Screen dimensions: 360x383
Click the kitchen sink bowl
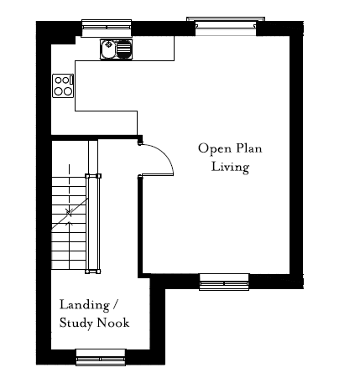[x=107, y=49]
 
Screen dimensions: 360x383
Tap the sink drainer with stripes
[x=123, y=49]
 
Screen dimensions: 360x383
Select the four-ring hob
[x=63, y=85]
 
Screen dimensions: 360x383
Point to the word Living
[x=230, y=167]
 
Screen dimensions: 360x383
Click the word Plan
[x=249, y=148]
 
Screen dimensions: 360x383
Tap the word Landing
[x=85, y=305]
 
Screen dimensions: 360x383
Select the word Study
[x=76, y=323]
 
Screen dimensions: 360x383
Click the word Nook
[x=113, y=323]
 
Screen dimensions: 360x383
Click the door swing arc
[x=165, y=154]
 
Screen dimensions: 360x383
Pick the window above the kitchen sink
[x=107, y=28]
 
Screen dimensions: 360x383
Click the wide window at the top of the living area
[x=226, y=26]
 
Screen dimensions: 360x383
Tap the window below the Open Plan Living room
[x=224, y=282]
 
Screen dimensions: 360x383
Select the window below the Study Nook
[x=101, y=357]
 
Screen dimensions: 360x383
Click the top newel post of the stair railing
[x=93, y=176]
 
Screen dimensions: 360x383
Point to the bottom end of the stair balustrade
[x=93, y=272]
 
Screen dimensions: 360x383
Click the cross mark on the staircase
[x=69, y=212]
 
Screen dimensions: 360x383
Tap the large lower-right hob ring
[x=67, y=91]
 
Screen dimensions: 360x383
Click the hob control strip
[x=71, y=80]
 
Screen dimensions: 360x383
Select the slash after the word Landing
[x=115, y=304]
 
